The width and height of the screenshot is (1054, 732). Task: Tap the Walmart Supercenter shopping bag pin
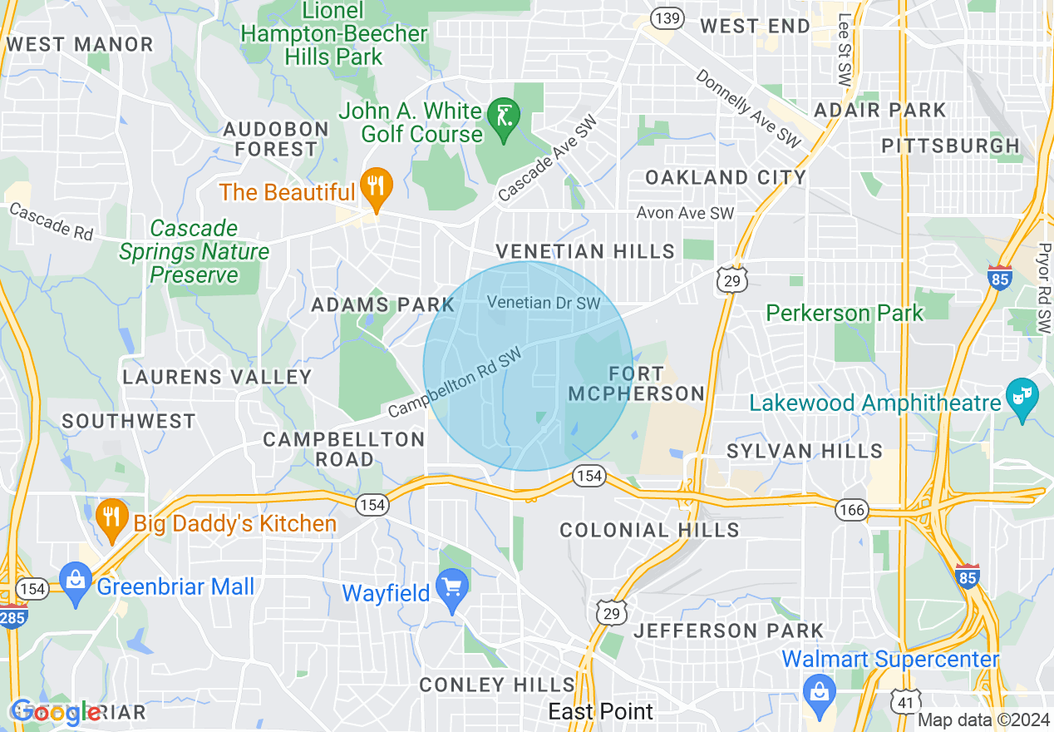click(x=820, y=690)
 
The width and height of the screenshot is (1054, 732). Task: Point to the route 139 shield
click(x=667, y=17)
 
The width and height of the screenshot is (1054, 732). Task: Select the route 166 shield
click(x=852, y=509)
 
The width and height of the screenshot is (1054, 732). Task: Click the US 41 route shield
click(x=904, y=700)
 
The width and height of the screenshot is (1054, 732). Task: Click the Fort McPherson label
click(x=636, y=383)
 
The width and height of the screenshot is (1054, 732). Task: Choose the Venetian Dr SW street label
click(x=543, y=303)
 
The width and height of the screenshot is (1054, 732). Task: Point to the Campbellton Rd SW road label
click(x=455, y=383)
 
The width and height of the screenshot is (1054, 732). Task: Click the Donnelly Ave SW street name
click(x=747, y=109)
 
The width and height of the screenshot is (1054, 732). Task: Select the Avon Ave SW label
click(x=685, y=214)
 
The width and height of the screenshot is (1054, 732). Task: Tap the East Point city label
click(x=600, y=711)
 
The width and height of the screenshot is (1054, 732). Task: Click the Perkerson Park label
click(x=844, y=313)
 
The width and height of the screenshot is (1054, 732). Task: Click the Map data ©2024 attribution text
click(x=983, y=720)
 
